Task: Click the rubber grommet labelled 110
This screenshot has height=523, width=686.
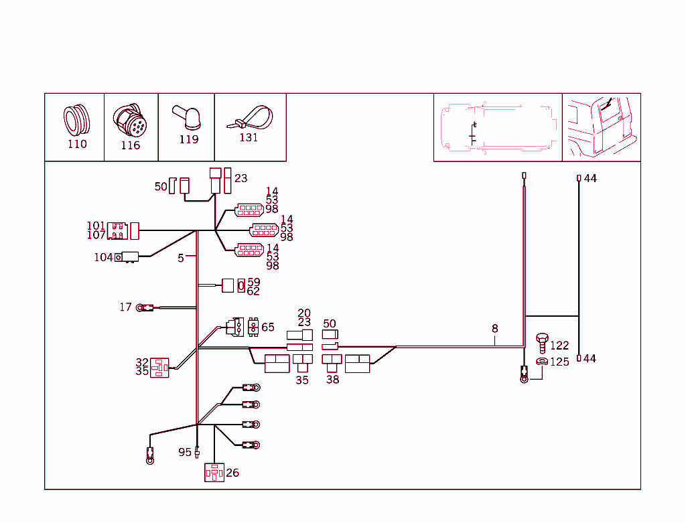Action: [x=76, y=121]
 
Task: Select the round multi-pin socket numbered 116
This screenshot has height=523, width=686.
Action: [x=129, y=121]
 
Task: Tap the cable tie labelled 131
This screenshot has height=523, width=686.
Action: [x=250, y=117]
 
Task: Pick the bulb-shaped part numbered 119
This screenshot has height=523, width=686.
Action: [x=187, y=117]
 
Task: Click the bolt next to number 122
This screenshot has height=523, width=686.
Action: [x=542, y=343]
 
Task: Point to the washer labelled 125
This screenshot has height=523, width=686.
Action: [x=541, y=361]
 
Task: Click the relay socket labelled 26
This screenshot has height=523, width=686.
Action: [x=214, y=473]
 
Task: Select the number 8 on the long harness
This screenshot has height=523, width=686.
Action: [x=495, y=328]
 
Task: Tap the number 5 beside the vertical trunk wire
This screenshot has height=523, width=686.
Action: [x=181, y=258]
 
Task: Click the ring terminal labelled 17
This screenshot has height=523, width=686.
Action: [x=145, y=308]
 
